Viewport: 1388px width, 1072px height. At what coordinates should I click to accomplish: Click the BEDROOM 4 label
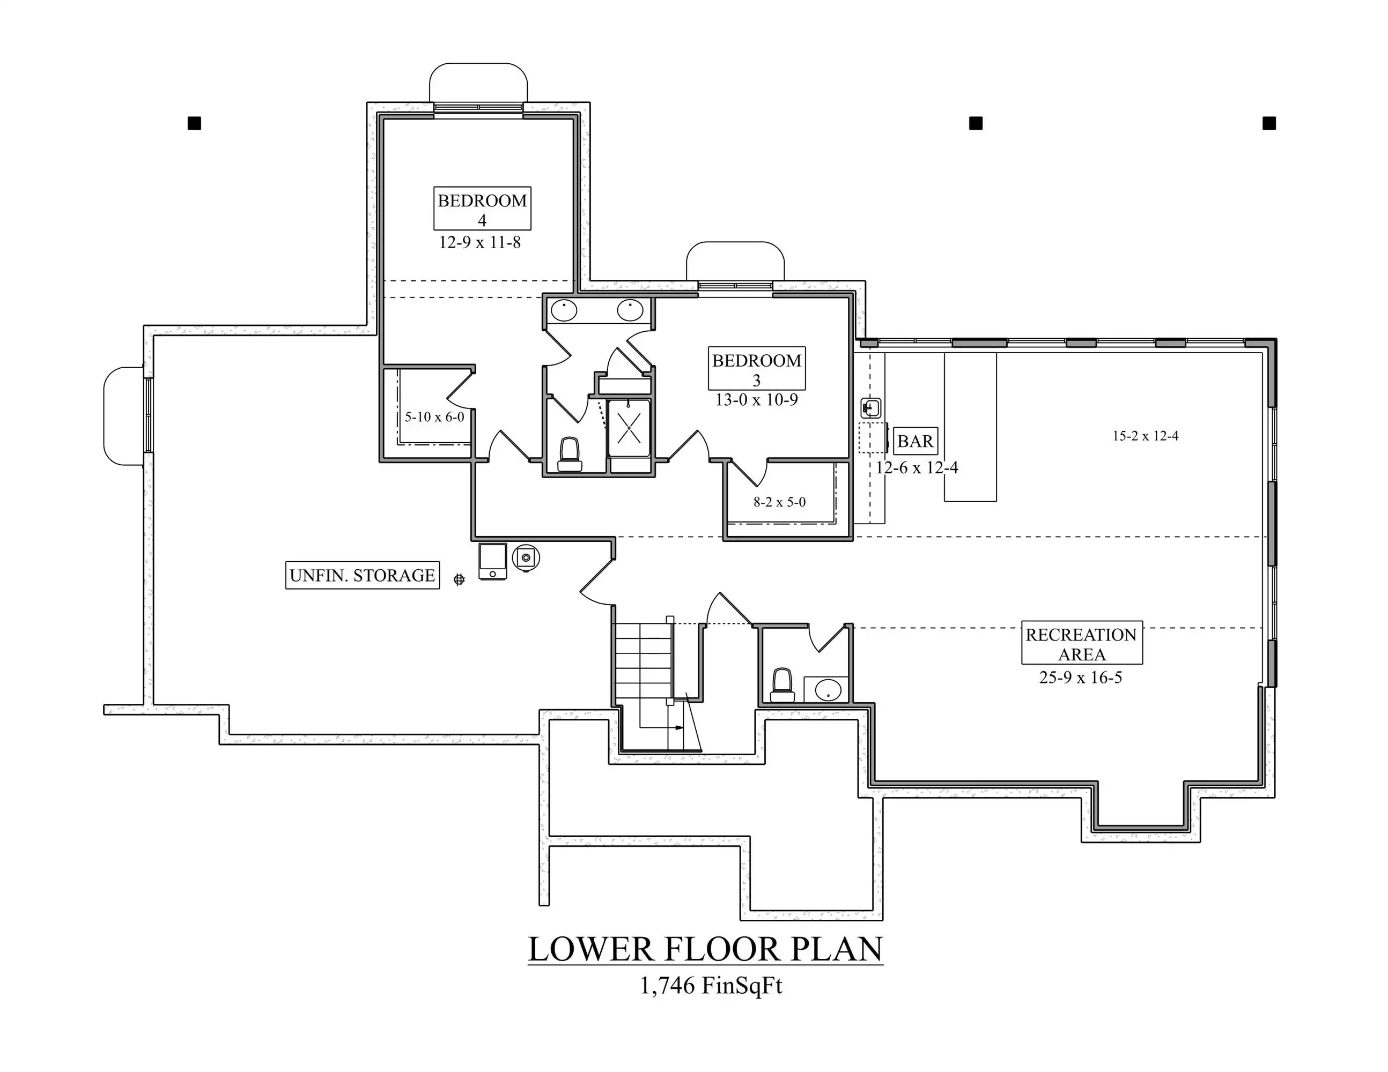coord(482,209)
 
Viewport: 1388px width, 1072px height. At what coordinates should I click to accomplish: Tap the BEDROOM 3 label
coord(757,368)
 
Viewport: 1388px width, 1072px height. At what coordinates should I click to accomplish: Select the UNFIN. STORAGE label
coord(362,575)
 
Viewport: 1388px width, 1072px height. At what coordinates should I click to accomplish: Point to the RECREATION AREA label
coord(1082,643)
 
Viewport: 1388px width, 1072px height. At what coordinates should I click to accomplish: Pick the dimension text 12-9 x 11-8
coord(480,243)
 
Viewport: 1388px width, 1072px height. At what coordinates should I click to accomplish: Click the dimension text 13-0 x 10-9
coord(757,400)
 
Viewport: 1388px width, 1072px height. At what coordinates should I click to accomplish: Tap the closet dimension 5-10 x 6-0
coord(435,417)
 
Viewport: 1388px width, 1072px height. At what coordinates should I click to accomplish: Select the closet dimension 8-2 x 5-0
coord(780,502)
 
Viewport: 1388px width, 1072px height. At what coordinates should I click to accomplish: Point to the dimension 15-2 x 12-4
coord(1146,436)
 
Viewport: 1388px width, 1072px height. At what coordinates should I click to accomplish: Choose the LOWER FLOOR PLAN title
coord(705,949)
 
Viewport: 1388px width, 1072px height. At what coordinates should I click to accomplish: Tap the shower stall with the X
coord(629,428)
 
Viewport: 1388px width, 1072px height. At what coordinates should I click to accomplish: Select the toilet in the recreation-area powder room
coord(782,685)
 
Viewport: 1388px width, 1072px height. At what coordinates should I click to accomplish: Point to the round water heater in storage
coord(526,558)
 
